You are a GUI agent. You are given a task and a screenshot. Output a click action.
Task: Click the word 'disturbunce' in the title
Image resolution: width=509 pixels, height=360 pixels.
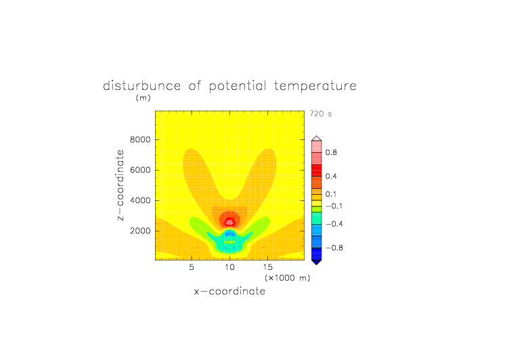[142, 86]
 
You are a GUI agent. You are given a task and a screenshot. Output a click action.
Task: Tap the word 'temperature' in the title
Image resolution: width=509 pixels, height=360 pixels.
[315, 86]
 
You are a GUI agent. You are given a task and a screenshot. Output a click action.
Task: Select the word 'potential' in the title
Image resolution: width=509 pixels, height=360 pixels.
[238, 86]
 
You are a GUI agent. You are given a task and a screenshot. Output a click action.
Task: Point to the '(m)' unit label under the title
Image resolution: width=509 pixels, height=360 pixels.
[143, 97]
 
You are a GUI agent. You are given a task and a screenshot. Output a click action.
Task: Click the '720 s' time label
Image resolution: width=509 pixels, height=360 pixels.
[320, 114]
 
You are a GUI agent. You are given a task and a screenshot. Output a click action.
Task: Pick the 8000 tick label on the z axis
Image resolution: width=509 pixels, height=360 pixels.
[140, 139]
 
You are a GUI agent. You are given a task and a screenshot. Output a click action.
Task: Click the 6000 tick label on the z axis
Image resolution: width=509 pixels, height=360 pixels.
[140, 170]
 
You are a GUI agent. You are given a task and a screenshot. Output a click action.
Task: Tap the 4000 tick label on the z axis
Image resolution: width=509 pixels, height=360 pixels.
[140, 200]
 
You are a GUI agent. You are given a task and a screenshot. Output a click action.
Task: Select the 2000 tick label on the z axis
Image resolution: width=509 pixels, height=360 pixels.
[140, 231]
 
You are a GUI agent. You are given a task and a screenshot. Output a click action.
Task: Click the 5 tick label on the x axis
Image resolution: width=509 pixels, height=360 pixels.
[192, 267]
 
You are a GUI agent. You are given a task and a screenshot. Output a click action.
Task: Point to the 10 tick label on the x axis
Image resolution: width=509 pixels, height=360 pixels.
[230, 267]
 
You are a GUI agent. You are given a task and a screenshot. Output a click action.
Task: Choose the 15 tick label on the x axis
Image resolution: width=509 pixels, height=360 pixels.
[268, 267]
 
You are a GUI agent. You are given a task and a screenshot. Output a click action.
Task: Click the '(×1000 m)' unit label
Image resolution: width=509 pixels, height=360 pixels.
[287, 278]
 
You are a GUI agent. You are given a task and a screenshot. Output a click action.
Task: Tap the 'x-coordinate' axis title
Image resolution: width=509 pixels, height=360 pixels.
[230, 291]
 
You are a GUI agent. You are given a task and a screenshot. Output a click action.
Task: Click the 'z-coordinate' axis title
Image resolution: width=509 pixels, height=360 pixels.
[120, 185]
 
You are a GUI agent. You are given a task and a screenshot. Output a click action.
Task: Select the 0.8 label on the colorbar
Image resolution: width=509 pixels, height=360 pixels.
[331, 152]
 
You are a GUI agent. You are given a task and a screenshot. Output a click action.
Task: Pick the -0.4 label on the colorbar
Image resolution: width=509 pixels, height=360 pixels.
[334, 224]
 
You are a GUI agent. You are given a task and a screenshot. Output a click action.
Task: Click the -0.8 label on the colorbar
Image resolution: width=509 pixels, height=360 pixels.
[334, 248]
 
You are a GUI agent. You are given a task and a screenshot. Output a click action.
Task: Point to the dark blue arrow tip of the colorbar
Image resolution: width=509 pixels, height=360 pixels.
[317, 264]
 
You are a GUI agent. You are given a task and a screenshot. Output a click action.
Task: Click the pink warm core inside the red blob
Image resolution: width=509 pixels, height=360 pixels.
[230, 223]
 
